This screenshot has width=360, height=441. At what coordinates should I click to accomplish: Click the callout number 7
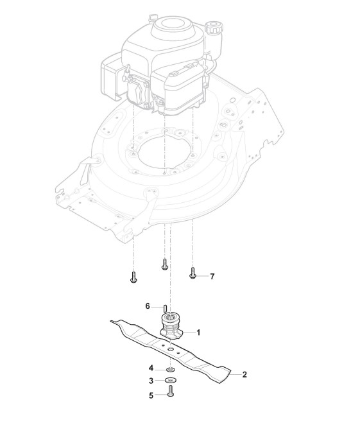[212, 277]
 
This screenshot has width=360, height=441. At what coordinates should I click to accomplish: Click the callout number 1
[198, 333]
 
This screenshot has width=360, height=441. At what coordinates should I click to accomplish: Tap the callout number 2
[244, 374]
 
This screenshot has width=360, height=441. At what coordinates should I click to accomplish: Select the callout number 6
[148, 306]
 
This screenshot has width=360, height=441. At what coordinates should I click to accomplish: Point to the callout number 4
[151, 368]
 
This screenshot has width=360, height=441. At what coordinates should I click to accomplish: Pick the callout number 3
[151, 381]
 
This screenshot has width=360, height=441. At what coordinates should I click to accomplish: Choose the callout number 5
[151, 395]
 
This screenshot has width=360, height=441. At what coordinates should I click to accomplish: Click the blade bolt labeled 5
[171, 391]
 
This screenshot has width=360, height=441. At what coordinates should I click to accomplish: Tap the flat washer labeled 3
[170, 380]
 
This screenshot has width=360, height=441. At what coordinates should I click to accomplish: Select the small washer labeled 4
[171, 368]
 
